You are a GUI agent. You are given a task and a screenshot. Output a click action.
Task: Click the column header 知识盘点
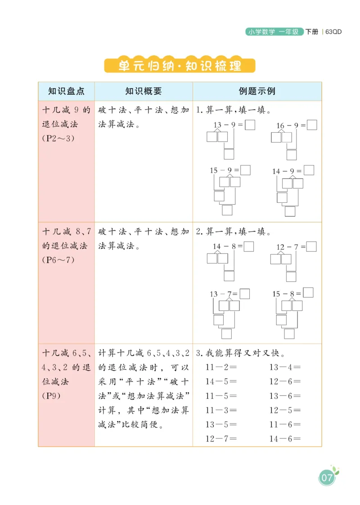[66, 91]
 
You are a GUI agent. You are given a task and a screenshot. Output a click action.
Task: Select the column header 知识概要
[143, 91]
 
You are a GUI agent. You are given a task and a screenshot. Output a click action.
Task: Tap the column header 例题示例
[256, 91]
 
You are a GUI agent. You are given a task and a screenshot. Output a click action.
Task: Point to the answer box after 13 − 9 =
[250, 125]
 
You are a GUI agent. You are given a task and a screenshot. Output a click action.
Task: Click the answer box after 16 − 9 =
[312, 125]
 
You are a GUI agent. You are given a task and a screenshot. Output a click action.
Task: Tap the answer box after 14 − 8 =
[249, 246]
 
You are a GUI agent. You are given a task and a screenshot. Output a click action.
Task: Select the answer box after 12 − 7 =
[311, 246]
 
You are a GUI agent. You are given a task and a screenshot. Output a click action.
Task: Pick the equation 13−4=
[285, 367]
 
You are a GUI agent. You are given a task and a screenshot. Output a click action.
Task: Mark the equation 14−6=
[285, 439]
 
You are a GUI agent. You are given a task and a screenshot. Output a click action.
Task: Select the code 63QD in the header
[333, 32]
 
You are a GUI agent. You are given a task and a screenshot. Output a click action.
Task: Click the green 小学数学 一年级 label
[274, 32]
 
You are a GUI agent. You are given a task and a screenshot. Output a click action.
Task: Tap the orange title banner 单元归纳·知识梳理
[180, 66]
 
